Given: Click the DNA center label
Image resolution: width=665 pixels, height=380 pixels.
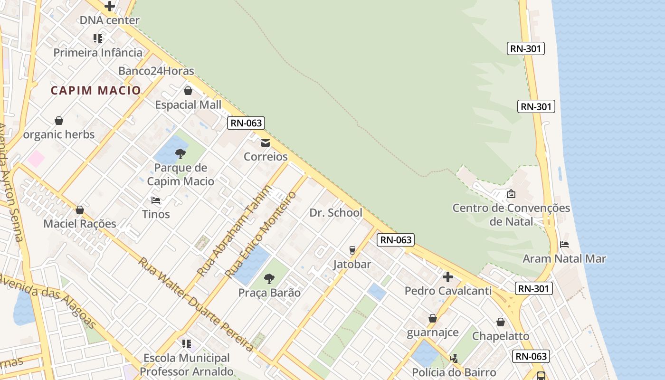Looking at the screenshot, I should pyautogui.click(x=109, y=20).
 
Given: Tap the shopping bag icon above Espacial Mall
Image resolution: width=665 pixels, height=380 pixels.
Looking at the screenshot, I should pyautogui.click(x=188, y=91).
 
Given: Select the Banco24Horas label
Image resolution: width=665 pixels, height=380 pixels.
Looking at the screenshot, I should pyautogui.click(x=156, y=71).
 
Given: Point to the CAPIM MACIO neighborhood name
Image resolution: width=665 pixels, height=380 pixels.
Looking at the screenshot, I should pyautogui.click(x=96, y=90).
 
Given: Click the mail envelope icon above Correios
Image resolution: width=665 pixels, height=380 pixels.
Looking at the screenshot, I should pyautogui.click(x=266, y=143).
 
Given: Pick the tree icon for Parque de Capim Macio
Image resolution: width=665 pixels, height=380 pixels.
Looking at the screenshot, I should pyautogui.click(x=180, y=153).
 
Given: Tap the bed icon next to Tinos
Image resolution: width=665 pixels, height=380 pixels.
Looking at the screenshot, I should pyautogui.click(x=155, y=200).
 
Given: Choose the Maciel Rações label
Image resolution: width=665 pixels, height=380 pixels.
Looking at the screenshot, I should pyautogui.click(x=80, y=224).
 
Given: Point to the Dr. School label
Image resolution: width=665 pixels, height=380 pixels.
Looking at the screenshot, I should pyautogui.click(x=336, y=213).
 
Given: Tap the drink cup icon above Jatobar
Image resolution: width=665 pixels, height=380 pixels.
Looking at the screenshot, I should pyautogui.click(x=352, y=250).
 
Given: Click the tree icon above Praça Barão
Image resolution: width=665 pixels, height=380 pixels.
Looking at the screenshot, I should pyautogui.click(x=269, y=278).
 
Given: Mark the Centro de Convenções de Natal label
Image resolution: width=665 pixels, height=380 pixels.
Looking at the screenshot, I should pyautogui.click(x=511, y=215).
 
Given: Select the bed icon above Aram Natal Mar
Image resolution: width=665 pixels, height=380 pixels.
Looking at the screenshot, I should pyautogui.click(x=564, y=245).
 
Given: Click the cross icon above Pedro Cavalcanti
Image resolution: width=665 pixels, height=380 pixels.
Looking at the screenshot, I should pyautogui.click(x=447, y=276).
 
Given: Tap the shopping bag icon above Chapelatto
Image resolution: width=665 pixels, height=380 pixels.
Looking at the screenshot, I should pyautogui.click(x=501, y=322).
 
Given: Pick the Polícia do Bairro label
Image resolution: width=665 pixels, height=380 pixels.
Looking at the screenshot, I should pyautogui.click(x=454, y=372).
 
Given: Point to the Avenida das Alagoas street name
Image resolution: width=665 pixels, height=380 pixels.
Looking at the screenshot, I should pyautogui.click(x=47, y=301).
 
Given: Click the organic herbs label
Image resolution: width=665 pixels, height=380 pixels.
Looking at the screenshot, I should pyautogui.click(x=59, y=134).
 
